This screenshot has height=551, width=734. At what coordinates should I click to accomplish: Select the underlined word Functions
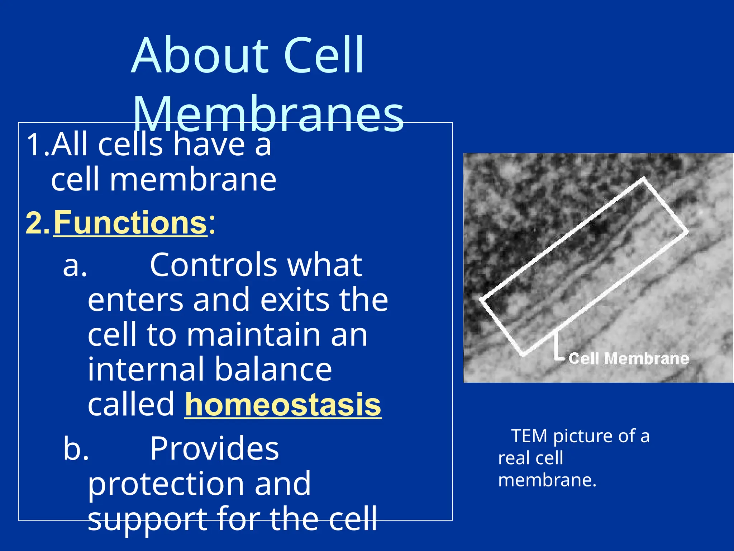pos(130,223)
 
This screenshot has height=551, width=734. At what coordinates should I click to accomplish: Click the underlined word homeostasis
pos(283,405)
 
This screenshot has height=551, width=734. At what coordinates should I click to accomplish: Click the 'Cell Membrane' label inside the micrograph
pos(629,359)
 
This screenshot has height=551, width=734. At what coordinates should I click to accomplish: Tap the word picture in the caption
pos(583,436)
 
